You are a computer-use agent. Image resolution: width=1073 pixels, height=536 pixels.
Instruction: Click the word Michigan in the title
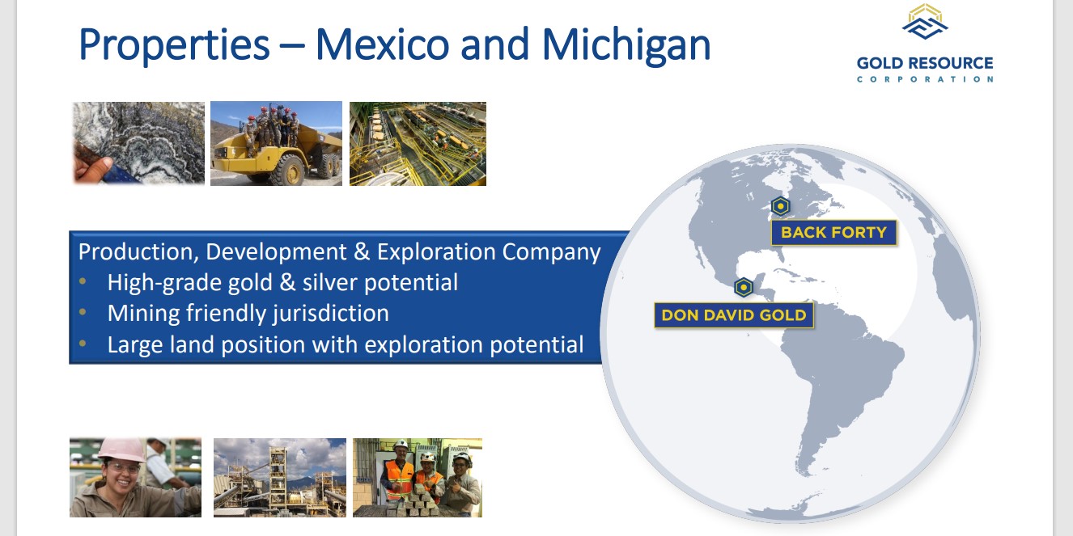626,45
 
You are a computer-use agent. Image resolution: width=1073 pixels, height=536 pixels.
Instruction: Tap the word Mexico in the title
382,44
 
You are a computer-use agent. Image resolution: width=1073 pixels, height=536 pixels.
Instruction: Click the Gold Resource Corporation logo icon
925,22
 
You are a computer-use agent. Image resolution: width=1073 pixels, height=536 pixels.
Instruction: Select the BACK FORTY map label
834,233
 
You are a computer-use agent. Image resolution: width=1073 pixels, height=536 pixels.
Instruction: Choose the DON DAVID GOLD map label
734,315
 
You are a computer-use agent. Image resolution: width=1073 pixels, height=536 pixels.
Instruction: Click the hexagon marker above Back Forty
780,206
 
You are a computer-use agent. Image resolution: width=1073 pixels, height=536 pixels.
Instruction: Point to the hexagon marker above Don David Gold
744,287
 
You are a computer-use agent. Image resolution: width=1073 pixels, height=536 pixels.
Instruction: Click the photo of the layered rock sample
139,143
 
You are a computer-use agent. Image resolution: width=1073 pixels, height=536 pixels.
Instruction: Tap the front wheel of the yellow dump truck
287,170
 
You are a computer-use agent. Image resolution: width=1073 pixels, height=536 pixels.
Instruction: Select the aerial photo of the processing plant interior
418,144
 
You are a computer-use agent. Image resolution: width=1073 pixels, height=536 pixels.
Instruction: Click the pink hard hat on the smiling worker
121,449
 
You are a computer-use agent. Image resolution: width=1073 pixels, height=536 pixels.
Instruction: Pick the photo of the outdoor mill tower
280,478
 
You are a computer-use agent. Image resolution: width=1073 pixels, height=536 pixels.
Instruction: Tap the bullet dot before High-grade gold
83,282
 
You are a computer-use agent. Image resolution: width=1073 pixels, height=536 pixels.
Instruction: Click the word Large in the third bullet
134,345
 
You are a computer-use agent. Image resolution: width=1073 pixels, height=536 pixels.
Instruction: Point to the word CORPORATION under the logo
924,79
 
